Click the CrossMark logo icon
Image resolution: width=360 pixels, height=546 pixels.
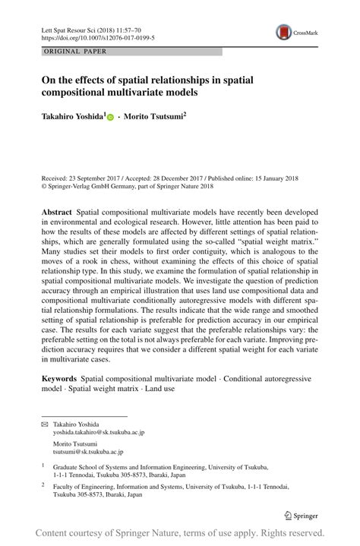pyautogui.click(x=285, y=32)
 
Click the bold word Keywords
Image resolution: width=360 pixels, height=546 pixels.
pyautogui.click(x=59, y=377)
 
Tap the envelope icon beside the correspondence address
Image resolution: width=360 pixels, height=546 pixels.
pyautogui.click(x=44, y=424)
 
